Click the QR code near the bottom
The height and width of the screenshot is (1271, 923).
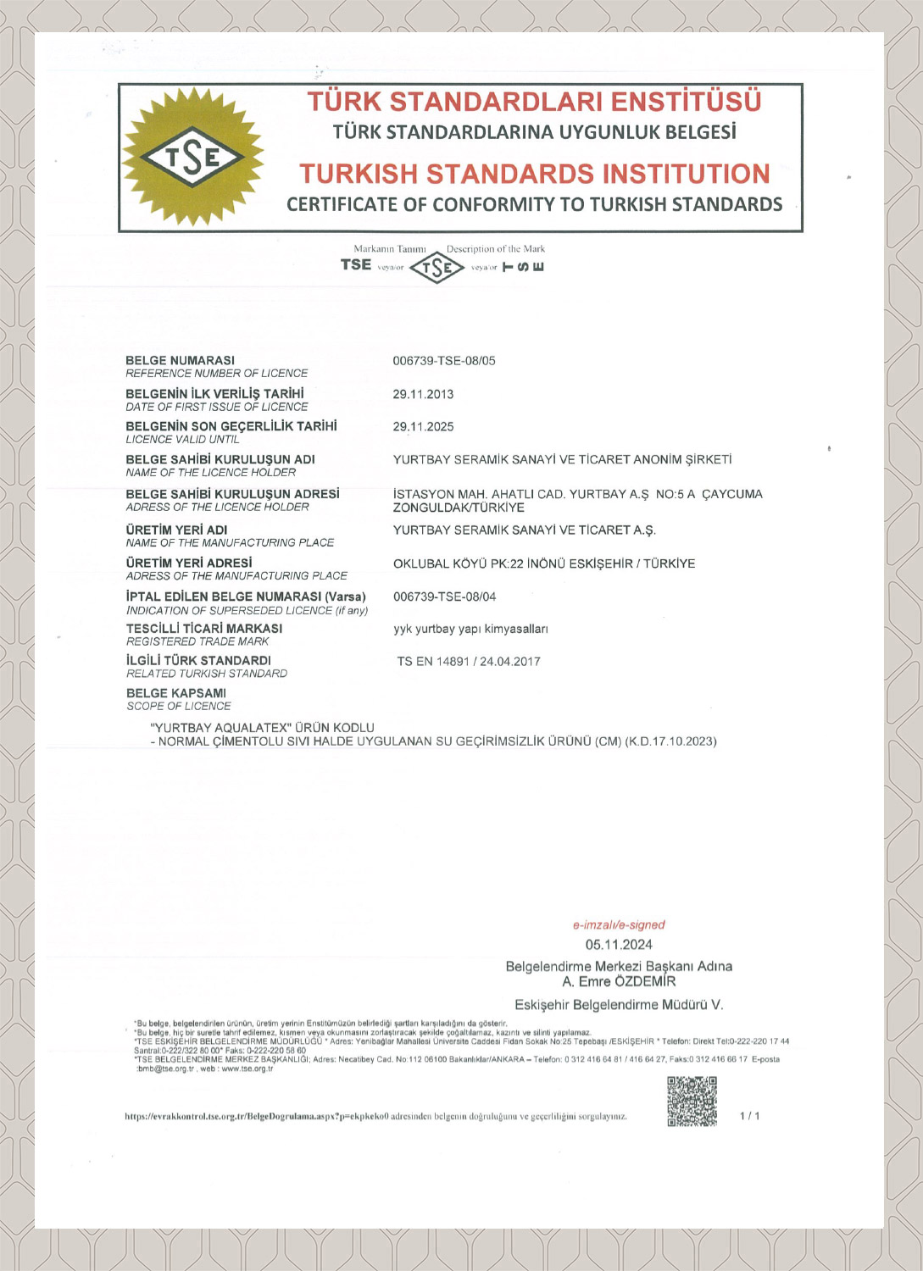pos(692,1101)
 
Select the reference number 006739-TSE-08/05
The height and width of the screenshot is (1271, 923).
pos(444,361)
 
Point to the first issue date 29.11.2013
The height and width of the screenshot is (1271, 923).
pos(423,394)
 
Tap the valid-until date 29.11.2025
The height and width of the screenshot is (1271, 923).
pos(423,427)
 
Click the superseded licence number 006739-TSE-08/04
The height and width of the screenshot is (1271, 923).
pos(444,597)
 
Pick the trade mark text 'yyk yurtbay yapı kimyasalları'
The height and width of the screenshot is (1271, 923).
pos(470,629)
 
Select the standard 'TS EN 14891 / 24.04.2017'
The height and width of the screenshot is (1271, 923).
pos(468,662)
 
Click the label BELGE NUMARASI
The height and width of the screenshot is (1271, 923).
pos(180,360)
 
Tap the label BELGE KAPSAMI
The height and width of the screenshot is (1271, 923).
pos(176,693)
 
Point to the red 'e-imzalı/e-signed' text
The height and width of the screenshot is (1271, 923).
pos(619,924)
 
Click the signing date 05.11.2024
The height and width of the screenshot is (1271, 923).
pos(619,945)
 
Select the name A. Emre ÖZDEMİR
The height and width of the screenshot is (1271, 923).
pos(619,981)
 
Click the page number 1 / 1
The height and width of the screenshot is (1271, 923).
pos(749,1116)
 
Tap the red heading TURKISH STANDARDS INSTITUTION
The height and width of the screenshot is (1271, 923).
pos(534,174)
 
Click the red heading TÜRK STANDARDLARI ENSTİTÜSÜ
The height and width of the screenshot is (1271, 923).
pos(534,102)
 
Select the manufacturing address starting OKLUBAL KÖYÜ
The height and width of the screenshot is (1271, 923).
pos(544,563)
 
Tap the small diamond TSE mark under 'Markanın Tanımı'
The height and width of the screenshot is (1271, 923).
pos(436,268)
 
